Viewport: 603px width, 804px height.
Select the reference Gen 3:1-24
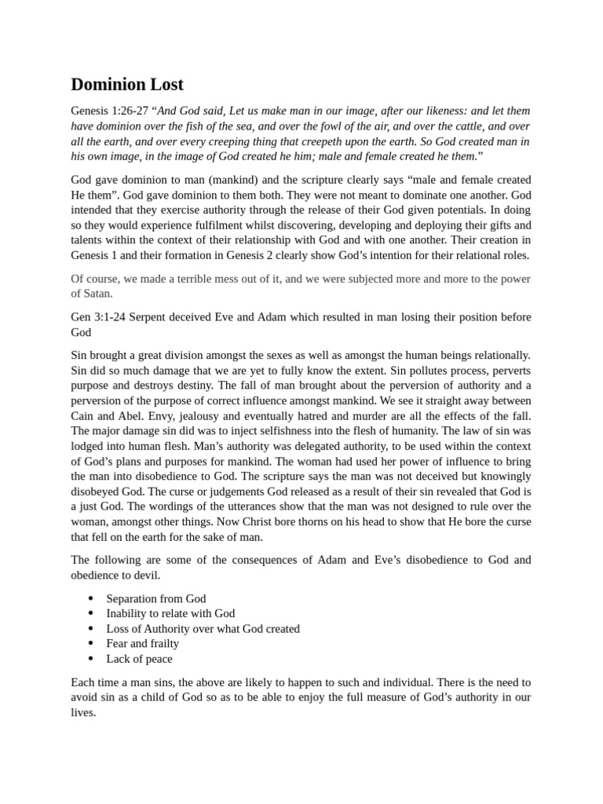pos(99,316)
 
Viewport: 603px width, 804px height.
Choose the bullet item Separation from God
pos(156,598)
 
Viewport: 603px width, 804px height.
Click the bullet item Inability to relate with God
pos(170,613)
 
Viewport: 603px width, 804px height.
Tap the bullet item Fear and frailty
pos(142,643)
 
